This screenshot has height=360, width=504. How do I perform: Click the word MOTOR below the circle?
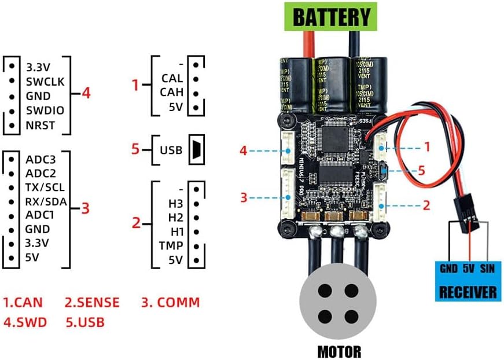[x=339, y=351]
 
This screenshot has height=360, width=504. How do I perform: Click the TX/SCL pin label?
[x=45, y=188]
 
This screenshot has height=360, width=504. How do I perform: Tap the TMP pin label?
[x=171, y=245]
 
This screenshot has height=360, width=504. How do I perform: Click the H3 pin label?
[x=175, y=204]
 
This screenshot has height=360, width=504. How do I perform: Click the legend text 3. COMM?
[x=171, y=302]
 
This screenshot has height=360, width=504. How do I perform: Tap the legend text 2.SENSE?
[x=92, y=302]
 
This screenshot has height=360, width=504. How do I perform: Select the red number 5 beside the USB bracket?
[x=135, y=150]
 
